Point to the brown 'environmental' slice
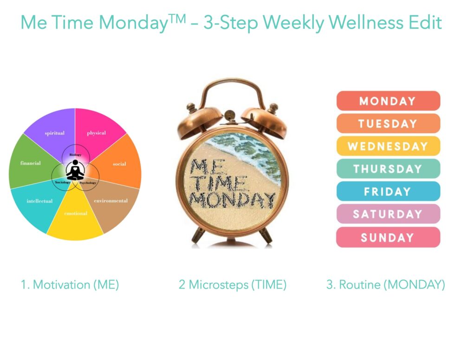point(112,203)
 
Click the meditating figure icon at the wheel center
point(75,170)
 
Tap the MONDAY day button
point(388,101)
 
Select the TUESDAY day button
point(388,123)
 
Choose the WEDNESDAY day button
point(388,146)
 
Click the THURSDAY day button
point(388,169)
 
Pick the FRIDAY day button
point(388,191)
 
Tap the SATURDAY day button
point(388,214)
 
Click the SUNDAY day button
point(388,238)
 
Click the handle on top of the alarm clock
point(231,81)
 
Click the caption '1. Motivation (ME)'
point(70,285)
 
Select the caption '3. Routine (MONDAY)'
point(386,285)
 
